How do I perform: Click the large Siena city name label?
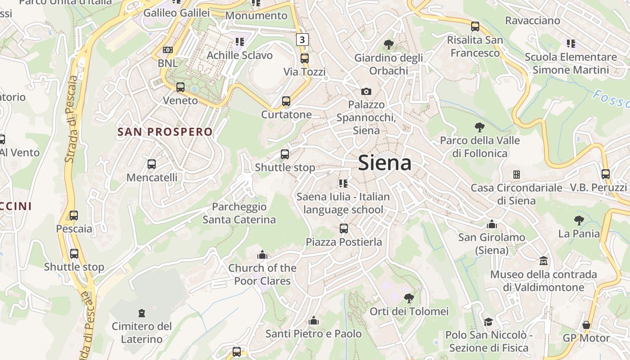click(385, 163)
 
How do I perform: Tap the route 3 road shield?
click(302, 40)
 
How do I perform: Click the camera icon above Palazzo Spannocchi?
click(366, 92)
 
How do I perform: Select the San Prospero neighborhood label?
click(165, 132)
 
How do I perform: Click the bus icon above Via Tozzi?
click(305, 58)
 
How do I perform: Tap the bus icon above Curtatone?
click(286, 101)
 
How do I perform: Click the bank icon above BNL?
click(168, 49)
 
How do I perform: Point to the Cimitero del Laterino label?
click(142, 333)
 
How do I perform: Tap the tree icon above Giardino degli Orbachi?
click(388, 45)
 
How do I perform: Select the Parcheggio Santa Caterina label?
click(239, 213)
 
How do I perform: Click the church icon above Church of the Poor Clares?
click(262, 256)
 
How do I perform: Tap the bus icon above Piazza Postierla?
click(344, 229)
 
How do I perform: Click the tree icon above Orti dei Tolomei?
click(409, 298)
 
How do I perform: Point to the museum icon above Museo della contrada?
click(544, 261)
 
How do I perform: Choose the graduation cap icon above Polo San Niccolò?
click(488, 322)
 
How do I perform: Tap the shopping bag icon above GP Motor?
click(586, 325)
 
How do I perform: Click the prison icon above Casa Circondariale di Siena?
click(517, 174)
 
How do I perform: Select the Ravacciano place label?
click(532, 21)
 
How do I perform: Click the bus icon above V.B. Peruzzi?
click(606, 174)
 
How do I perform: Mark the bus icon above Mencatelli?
click(152, 164)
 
